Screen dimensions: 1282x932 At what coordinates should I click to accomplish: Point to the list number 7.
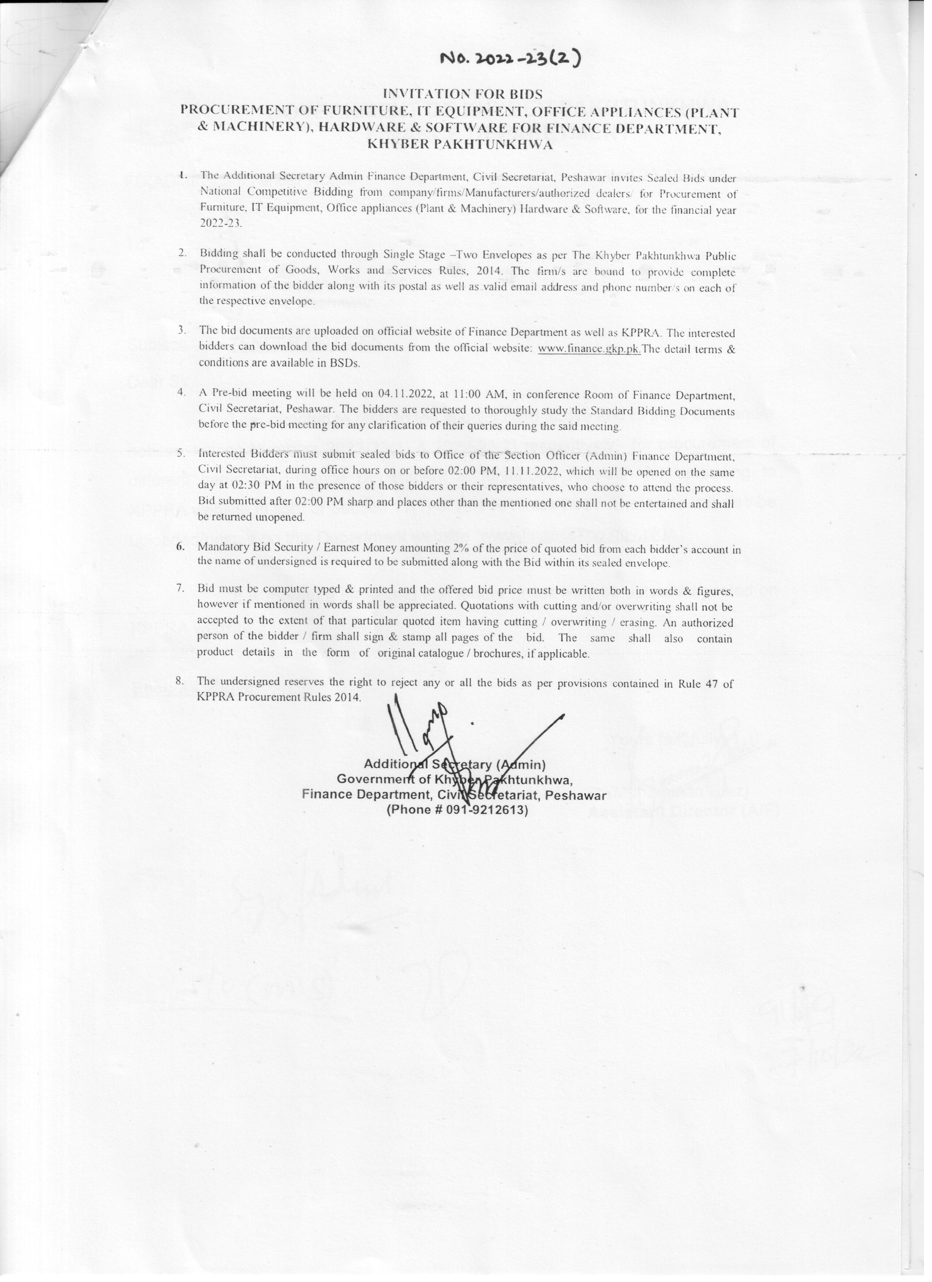[x=181, y=588]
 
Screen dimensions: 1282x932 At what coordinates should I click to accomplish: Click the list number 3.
[x=182, y=329]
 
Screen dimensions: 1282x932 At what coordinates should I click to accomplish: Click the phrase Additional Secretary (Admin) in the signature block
[x=454, y=764]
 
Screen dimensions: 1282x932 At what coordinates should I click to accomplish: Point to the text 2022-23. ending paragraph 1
[x=221, y=223]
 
